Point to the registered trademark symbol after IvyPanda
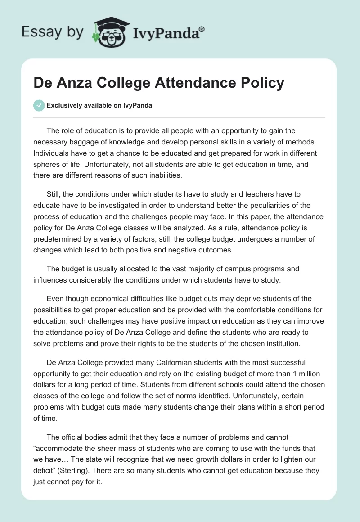pyautogui.click(x=202, y=28)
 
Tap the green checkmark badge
pyautogui.click(x=39, y=105)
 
